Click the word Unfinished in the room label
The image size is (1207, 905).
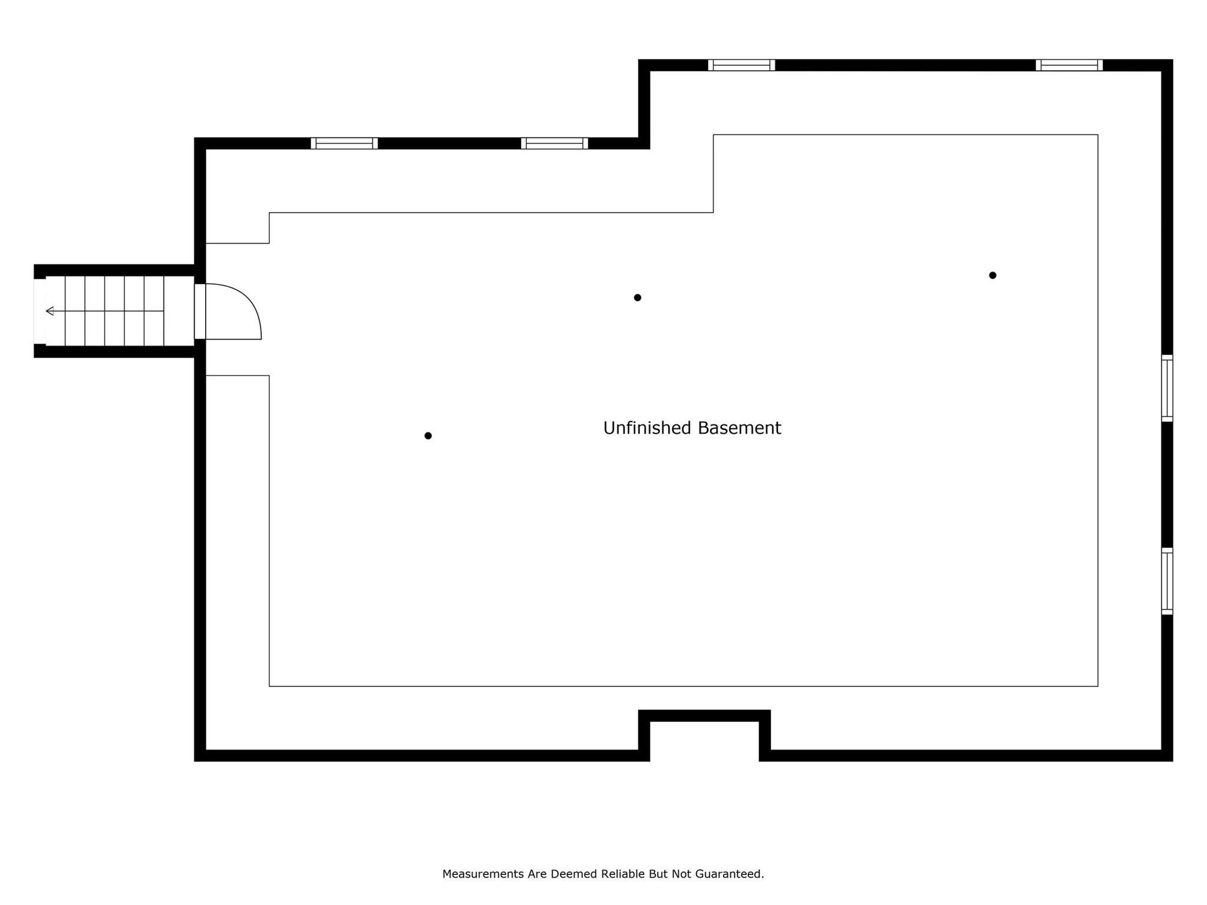click(647, 428)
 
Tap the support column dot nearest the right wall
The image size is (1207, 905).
click(992, 275)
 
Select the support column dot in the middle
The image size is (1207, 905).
click(637, 298)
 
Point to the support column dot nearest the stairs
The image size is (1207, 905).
click(428, 436)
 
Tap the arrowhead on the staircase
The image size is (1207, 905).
click(50, 311)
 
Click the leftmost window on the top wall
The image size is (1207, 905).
click(344, 143)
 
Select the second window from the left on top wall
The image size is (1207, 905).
click(554, 143)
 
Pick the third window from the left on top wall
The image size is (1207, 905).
click(741, 65)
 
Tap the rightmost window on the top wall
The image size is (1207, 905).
click(1069, 65)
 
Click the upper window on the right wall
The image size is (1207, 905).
click(1167, 388)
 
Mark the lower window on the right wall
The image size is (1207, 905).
click(1167, 581)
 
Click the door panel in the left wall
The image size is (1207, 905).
click(200, 311)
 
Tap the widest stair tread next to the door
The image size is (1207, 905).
click(179, 311)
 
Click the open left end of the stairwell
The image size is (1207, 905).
click(39, 311)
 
